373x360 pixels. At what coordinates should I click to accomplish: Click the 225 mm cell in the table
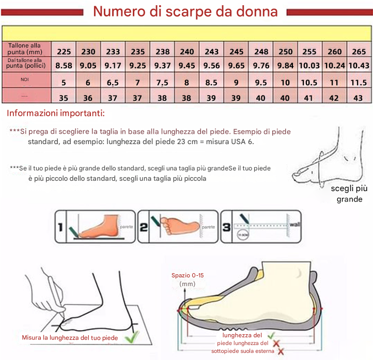pos(64,52)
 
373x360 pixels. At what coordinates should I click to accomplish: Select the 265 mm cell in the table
pos(359,52)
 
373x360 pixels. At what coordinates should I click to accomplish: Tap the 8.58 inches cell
pos(64,66)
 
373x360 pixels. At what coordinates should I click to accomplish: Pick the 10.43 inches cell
pos(359,66)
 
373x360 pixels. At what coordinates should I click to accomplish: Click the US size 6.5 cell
pos(113,83)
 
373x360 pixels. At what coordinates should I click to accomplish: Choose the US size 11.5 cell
pos(359,83)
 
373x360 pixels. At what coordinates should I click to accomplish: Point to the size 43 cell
pos(359,98)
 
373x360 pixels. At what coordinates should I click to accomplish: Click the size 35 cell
pos(64,98)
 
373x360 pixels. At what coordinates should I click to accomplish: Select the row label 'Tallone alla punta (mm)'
pos(25,49)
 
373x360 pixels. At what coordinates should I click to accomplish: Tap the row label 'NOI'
pos(25,80)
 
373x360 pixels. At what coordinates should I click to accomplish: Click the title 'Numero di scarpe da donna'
pos(185,12)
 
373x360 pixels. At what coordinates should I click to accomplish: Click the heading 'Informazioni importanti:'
pos(56,113)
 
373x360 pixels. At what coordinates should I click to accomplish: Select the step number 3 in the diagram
pos(226,226)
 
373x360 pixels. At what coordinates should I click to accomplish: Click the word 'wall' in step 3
pos(294,225)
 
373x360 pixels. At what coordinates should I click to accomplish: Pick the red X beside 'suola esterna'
pos(281,351)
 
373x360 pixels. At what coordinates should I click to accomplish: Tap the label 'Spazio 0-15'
pos(188,275)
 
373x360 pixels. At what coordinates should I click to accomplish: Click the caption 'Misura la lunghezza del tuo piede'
pos(70,338)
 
